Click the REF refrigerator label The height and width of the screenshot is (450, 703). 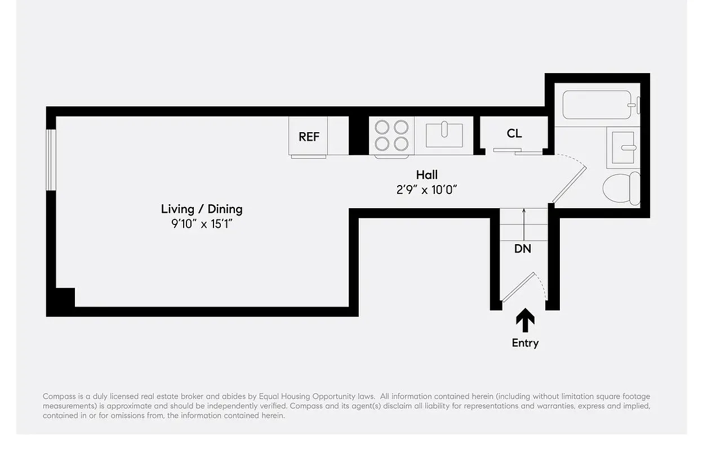pyautogui.click(x=309, y=137)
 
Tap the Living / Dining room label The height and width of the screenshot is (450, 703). pyautogui.click(x=202, y=209)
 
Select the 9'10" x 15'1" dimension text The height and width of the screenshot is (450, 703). pyautogui.click(x=202, y=223)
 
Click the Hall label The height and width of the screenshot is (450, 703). pyautogui.click(x=426, y=175)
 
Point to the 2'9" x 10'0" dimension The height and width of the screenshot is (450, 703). pyautogui.click(x=426, y=190)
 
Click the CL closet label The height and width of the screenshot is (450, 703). pyautogui.click(x=514, y=133)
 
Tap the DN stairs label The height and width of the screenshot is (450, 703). pyautogui.click(x=522, y=248)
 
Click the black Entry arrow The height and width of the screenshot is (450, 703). pyautogui.click(x=525, y=321)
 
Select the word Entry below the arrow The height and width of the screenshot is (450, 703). pyautogui.click(x=525, y=343)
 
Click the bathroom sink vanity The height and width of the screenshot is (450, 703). pyautogui.click(x=623, y=148)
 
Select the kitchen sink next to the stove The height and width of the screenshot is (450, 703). pyautogui.click(x=444, y=135)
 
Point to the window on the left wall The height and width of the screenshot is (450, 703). pyautogui.click(x=51, y=160)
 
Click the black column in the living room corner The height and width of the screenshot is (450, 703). pyautogui.click(x=64, y=298)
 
